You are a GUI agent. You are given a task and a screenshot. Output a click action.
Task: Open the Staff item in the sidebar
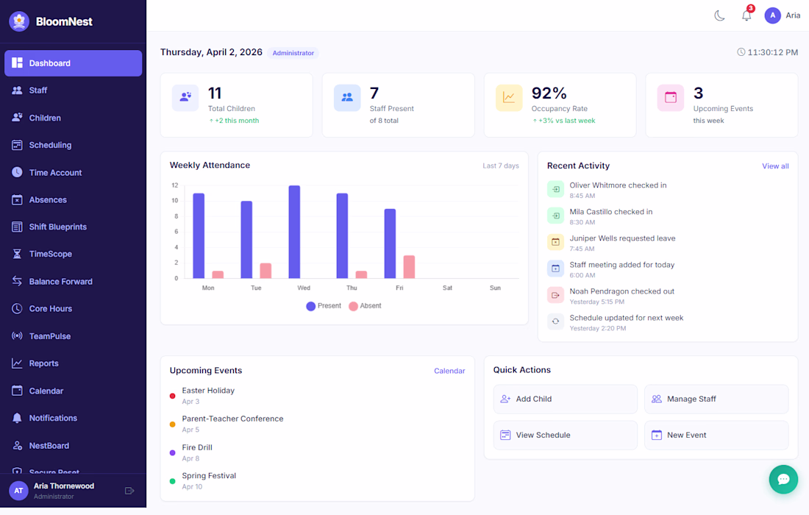[x=38, y=90]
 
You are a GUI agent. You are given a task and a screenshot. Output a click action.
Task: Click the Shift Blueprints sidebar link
[x=57, y=227]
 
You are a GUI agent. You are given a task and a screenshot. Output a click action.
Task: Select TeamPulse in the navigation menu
[x=50, y=336]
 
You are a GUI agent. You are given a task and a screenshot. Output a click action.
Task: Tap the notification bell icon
[x=746, y=15]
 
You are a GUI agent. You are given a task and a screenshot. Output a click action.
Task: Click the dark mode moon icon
[x=719, y=15]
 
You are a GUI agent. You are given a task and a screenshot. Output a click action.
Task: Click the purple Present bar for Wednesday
[x=294, y=232]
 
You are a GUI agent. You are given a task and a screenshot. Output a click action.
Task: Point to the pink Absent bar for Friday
[x=409, y=266]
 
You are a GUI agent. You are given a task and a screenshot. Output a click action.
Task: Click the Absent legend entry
[x=365, y=306]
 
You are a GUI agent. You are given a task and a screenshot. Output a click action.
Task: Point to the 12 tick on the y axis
[x=174, y=185]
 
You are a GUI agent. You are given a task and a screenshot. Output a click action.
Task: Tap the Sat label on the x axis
[x=447, y=288]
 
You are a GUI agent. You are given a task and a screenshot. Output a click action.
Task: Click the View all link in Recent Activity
[x=775, y=166]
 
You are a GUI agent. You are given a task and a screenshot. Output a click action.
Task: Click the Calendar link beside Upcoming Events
[x=449, y=371]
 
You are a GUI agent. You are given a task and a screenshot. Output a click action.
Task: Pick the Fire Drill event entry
[x=197, y=447]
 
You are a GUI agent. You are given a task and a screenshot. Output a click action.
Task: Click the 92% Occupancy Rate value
[x=549, y=93]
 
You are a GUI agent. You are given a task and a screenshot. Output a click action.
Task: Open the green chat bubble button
[x=783, y=480]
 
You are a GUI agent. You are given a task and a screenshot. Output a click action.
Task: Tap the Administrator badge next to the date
[x=293, y=53]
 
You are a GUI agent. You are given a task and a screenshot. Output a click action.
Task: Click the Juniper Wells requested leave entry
[x=622, y=238]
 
